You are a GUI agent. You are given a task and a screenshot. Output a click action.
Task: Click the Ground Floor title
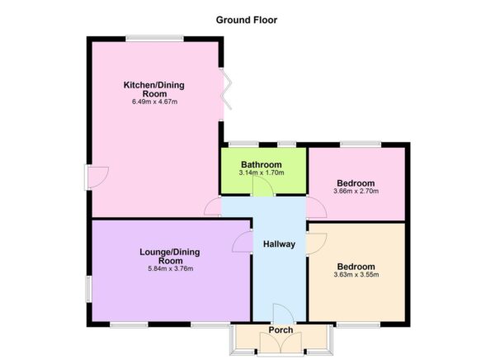click(247, 19)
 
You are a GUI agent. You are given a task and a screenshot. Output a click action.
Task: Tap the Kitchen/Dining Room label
click(154, 89)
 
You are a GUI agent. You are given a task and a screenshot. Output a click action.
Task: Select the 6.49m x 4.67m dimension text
click(154, 102)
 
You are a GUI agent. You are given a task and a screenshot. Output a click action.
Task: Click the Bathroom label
click(262, 164)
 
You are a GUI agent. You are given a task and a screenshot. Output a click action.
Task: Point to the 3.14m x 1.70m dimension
click(262, 173)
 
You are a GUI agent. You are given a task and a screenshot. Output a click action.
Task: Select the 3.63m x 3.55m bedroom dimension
click(356, 276)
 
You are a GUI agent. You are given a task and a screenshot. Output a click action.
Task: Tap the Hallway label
click(279, 244)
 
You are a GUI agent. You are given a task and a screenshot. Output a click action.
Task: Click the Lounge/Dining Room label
click(170, 256)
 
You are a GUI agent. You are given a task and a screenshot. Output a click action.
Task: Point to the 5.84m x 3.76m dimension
click(170, 269)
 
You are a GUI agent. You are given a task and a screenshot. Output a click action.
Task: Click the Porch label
click(281, 330)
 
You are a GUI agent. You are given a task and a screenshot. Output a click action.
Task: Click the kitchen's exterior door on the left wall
click(97, 175)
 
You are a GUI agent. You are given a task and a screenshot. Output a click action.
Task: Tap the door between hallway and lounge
click(243, 242)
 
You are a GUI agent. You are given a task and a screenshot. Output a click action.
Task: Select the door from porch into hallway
click(281, 315)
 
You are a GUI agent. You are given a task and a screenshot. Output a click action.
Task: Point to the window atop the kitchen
click(154, 37)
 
